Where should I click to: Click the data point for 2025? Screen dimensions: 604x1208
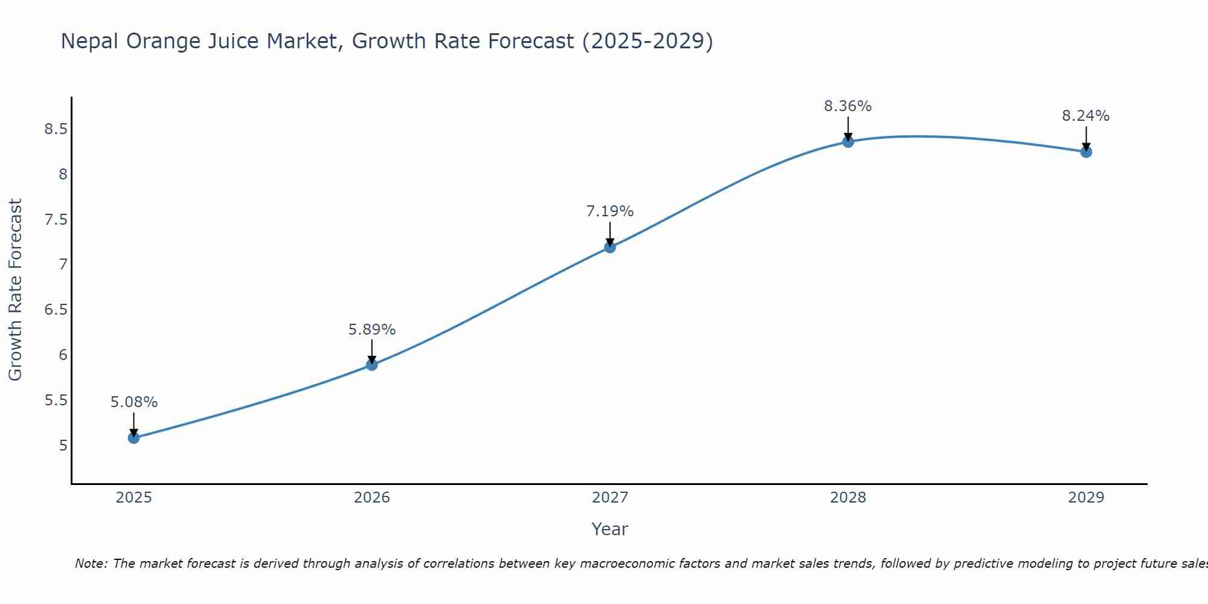133,438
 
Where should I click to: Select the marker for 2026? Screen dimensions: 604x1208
371,365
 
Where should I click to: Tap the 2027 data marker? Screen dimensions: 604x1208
609,247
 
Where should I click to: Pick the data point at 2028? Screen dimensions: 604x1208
848,142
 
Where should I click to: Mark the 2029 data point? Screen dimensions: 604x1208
1086,152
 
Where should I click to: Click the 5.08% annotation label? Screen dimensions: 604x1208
133,402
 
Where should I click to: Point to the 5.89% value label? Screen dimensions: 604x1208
371,330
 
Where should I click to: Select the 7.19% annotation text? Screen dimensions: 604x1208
609,211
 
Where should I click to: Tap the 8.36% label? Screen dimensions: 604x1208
847,106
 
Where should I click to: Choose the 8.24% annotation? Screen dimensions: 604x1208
1085,116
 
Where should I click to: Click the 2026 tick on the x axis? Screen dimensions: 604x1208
371,498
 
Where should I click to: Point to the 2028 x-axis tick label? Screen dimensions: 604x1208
848,498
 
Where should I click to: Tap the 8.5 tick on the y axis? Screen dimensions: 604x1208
56,129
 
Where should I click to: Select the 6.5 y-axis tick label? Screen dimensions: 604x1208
56,310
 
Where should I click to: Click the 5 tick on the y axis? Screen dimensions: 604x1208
63,446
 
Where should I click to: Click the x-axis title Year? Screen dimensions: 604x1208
609,529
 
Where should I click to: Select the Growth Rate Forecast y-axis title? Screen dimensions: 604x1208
15,290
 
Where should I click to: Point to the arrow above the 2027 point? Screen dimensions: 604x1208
609,233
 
